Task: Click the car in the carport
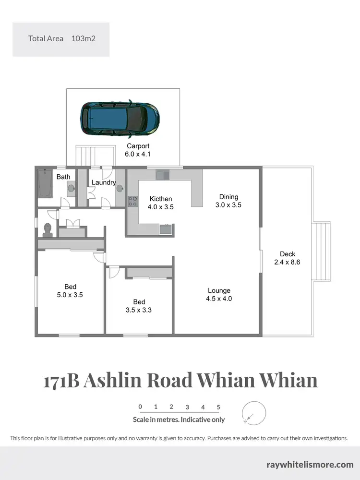[x=120, y=118]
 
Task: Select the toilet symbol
[x=48, y=229]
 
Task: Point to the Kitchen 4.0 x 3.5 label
[x=161, y=203]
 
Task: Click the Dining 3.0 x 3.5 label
[x=228, y=201]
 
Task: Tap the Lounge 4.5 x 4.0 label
[x=219, y=294]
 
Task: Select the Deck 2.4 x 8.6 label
[x=288, y=258]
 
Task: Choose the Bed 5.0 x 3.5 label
[x=70, y=291]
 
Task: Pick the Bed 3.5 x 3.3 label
[x=139, y=306]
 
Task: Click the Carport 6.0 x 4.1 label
[x=138, y=150]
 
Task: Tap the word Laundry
[x=104, y=182]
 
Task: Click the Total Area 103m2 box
[x=61, y=39]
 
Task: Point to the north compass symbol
[x=254, y=413]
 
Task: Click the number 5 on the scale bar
[x=218, y=407]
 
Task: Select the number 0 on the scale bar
[x=140, y=407]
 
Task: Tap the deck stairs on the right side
[x=321, y=252]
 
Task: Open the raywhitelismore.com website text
[x=310, y=464]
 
